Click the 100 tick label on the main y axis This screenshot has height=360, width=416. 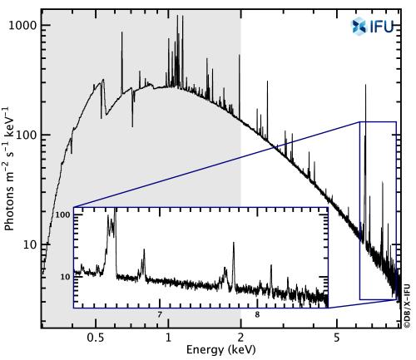27,135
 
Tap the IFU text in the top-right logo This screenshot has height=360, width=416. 381,26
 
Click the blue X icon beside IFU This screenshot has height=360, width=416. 359,26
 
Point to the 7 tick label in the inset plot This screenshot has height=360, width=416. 160,314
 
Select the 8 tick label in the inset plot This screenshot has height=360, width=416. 257,314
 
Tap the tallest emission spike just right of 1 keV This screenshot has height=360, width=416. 177,17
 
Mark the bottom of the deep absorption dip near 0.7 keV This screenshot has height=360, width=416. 132,126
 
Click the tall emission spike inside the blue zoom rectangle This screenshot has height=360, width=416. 364,86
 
